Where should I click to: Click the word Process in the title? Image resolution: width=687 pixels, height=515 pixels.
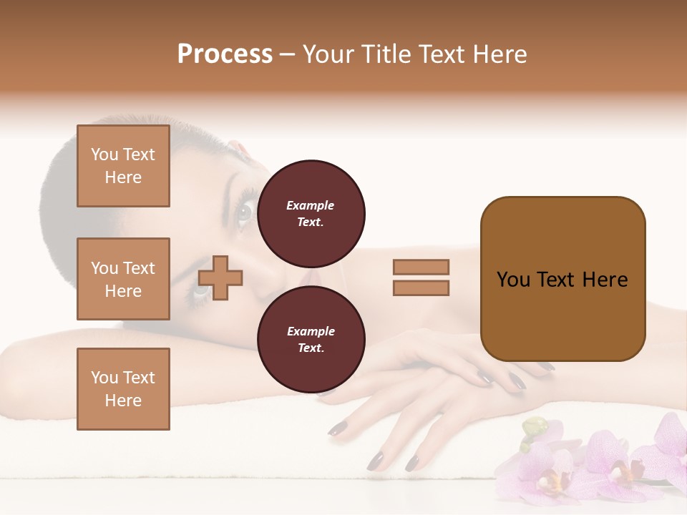(225, 54)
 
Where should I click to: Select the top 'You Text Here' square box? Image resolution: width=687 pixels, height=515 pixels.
(123, 166)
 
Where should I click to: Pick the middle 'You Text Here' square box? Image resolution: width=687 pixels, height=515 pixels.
(123, 279)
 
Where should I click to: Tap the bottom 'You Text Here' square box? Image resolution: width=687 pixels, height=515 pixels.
(123, 388)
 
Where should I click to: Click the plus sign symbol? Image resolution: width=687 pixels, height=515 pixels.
(220, 278)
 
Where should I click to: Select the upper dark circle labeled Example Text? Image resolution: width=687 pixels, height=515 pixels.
(311, 213)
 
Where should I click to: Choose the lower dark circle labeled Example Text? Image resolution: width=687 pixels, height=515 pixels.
(311, 339)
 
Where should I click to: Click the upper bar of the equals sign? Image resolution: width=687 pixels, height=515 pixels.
(421, 267)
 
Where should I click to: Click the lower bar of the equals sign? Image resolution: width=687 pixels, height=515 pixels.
(421, 288)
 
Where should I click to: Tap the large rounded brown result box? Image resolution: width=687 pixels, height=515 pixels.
(562, 279)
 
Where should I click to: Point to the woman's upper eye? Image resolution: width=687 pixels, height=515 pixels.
(244, 211)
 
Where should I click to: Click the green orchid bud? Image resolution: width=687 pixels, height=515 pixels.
(534, 428)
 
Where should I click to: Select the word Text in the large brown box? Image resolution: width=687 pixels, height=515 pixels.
(555, 280)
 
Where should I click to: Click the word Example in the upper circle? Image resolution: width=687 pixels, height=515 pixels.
(311, 205)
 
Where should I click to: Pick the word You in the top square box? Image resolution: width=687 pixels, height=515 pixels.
(104, 154)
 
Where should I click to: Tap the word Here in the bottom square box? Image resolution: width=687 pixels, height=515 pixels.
(123, 401)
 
